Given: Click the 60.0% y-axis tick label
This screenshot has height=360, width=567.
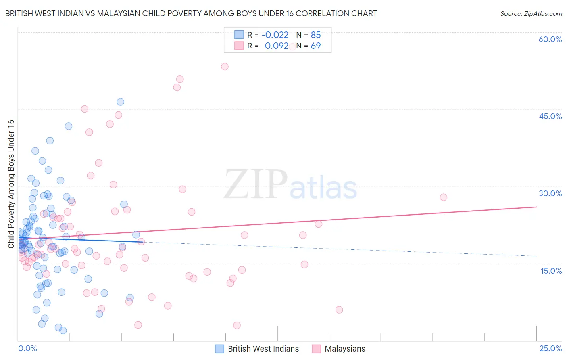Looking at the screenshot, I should coord(550,40).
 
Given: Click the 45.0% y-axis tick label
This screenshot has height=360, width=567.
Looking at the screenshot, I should coord(550,117).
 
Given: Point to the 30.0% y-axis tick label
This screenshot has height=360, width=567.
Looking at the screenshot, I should coord(550,194).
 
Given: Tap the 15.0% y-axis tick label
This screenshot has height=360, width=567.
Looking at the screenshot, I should coord(551,271).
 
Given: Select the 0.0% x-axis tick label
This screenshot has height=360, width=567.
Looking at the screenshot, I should coord(27,349).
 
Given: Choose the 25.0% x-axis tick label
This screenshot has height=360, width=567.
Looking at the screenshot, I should coord(550,349).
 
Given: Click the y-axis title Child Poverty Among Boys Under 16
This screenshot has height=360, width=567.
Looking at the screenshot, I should coord(11,184).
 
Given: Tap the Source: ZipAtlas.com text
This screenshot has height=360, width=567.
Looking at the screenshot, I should coord(531,14).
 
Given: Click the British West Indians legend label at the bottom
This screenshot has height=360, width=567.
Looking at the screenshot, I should coord(263,349).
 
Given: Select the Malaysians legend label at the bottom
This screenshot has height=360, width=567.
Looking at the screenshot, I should coord(345,349).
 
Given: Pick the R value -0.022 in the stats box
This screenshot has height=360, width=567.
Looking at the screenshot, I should coord(275,35).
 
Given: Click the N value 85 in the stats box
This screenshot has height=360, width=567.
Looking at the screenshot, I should coord(316,35).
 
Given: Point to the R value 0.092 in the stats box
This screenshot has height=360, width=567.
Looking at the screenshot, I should coord(277,46).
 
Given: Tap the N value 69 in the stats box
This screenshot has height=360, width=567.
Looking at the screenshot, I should coord(316,46).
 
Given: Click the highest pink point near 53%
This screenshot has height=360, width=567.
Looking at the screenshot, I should coord(225,67).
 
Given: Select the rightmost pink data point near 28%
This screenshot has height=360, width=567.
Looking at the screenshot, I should coord(443,197).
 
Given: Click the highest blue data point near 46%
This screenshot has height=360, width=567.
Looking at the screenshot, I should coord(120,102).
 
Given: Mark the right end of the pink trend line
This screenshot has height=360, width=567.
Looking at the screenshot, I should coord(536,207).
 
